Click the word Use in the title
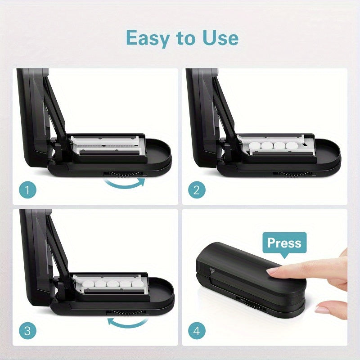(x=219, y=38)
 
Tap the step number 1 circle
(x=27, y=190)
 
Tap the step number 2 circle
(x=196, y=190)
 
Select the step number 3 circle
(x=27, y=332)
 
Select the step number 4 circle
(x=196, y=332)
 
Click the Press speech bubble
(x=284, y=243)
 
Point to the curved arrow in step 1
(x=125, y=183)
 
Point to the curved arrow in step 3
(x=128, y=322)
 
